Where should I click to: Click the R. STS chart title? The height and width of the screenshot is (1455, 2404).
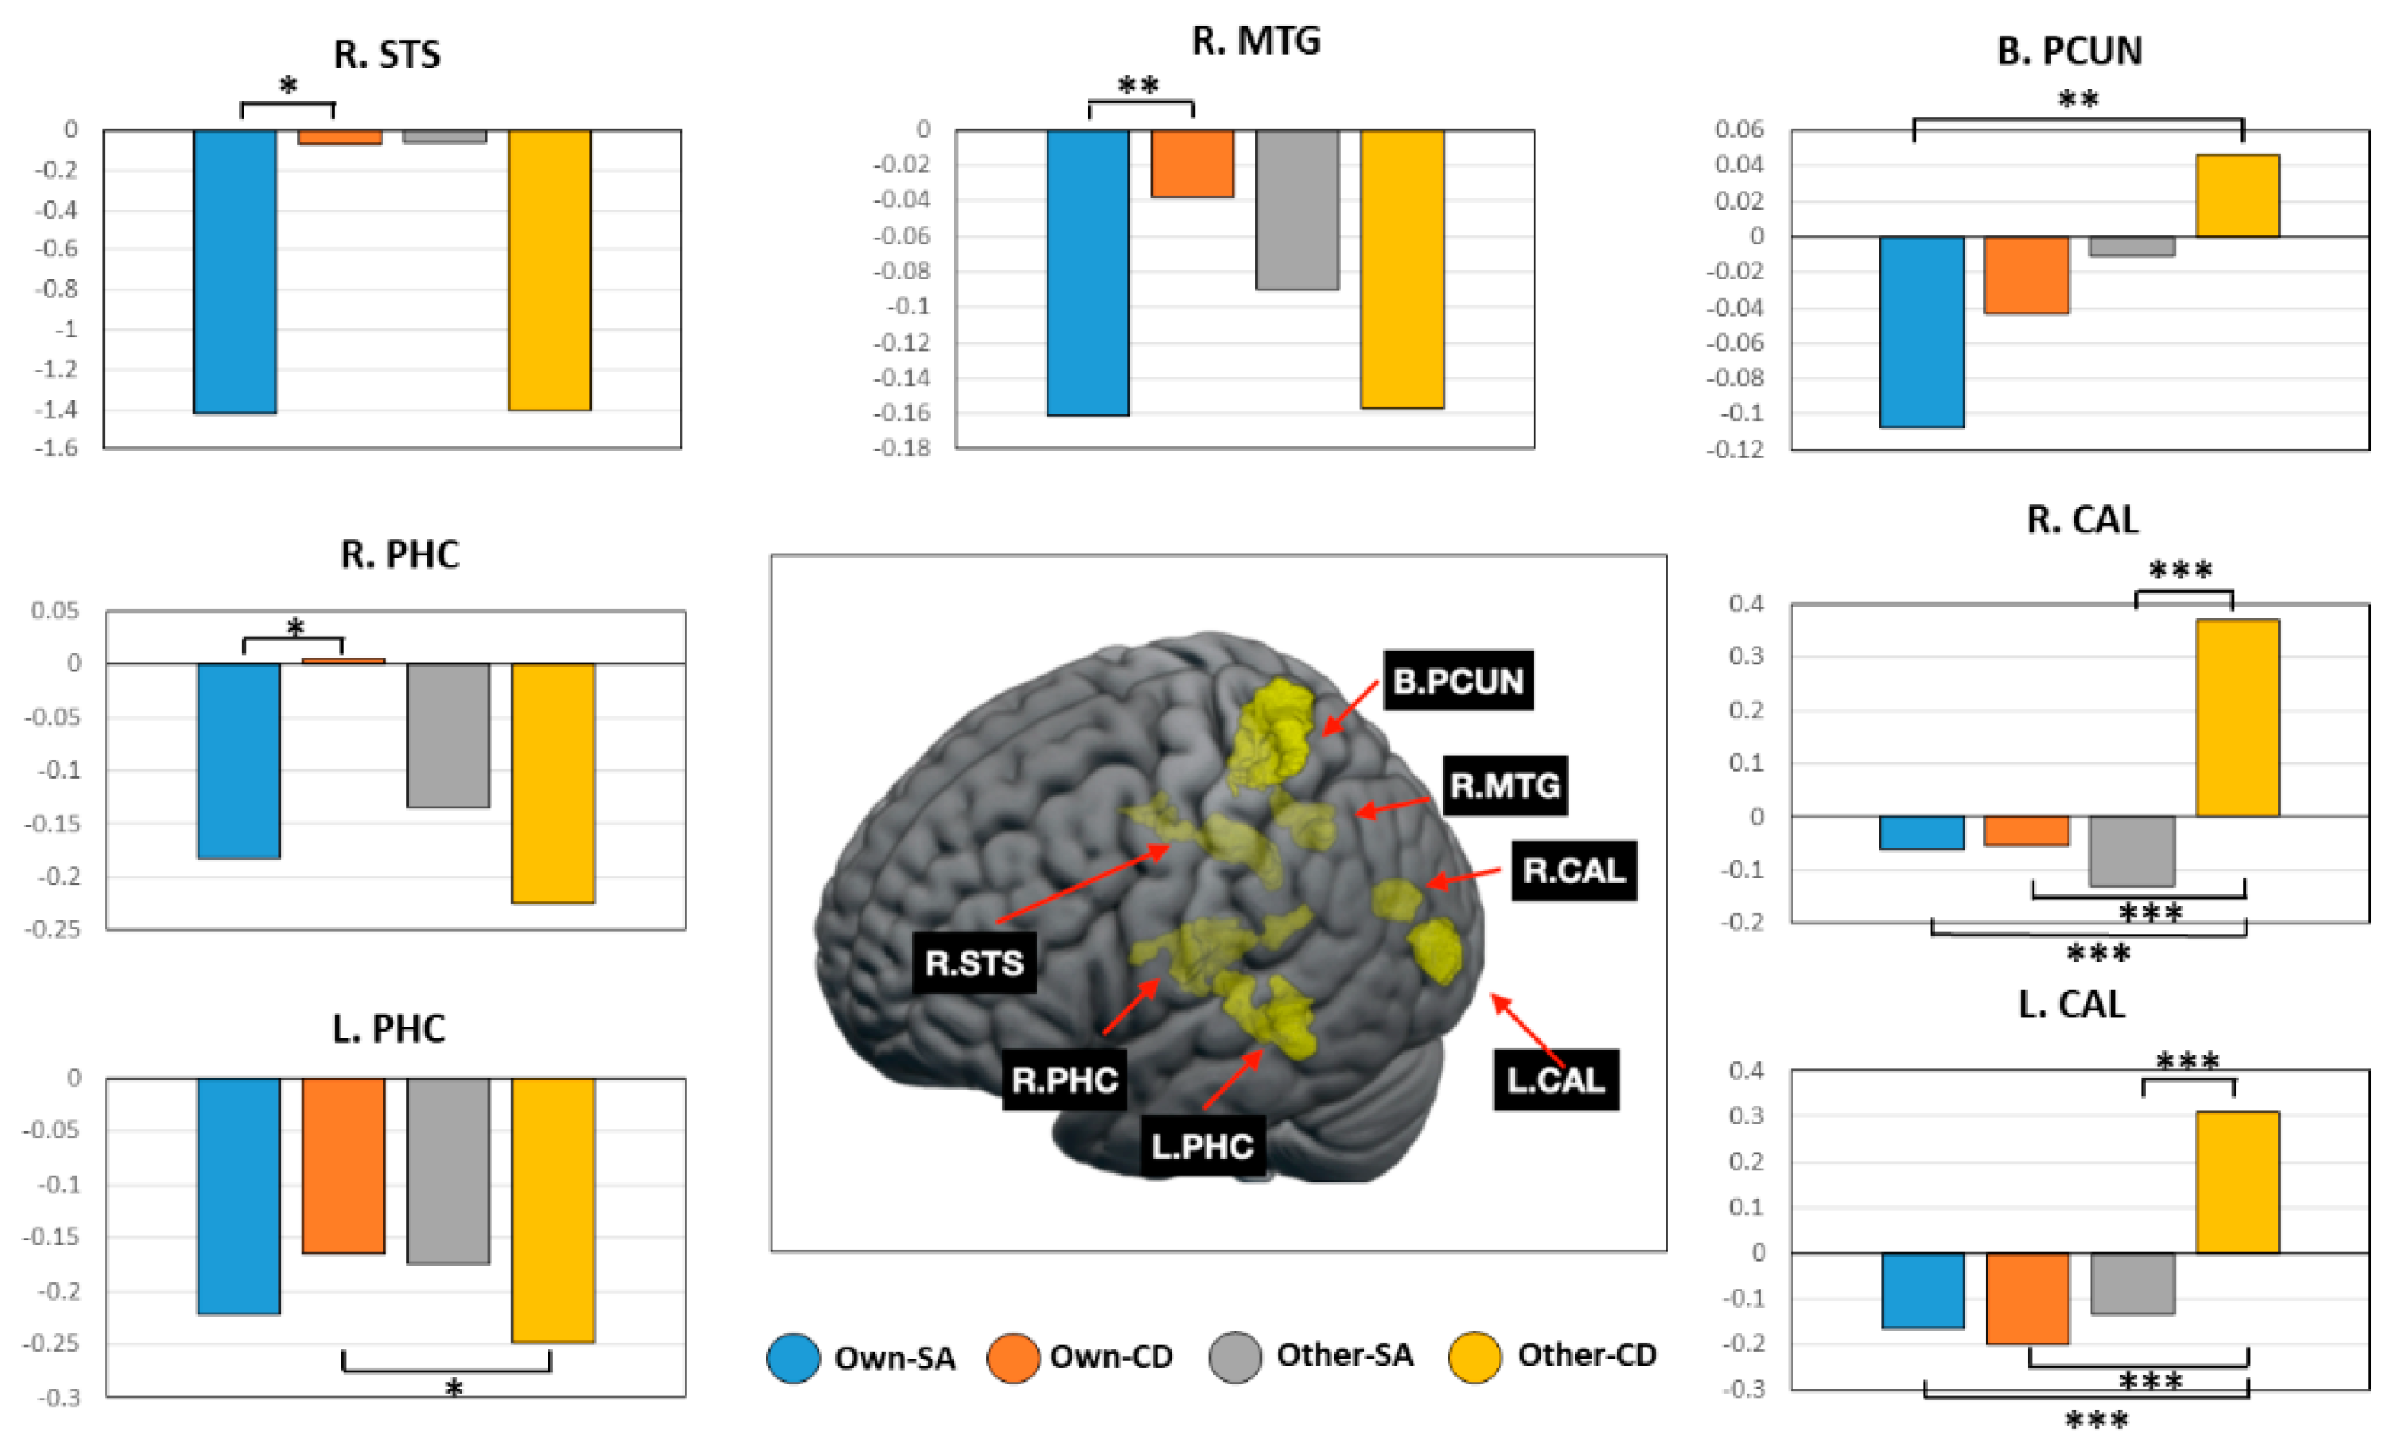pos(387,54)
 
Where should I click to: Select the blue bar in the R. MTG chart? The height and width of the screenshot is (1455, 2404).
pos(1087,273)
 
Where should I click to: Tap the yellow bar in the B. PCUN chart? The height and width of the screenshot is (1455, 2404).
pos(2236,195)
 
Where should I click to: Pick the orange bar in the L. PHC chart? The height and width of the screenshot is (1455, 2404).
pos(343,1165)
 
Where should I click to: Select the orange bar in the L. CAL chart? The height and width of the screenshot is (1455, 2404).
pos(2028,1298)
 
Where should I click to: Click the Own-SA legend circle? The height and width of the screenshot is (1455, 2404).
pos(793,1357)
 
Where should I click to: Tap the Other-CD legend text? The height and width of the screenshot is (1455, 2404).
pos(1586,1355)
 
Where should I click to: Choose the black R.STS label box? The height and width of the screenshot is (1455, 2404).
pos(973,963)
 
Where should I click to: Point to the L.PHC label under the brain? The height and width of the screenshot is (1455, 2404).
pos(1202,1146)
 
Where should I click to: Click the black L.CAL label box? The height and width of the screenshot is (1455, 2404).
pos(1555,1079)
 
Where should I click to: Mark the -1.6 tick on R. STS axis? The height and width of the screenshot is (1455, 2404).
pos(56,448)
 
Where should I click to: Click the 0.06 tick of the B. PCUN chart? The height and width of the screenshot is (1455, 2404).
pos(1741,129)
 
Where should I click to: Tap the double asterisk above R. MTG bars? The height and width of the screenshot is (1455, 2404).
pos(1139,86)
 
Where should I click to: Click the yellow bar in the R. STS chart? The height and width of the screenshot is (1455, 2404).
pos(549,269)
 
